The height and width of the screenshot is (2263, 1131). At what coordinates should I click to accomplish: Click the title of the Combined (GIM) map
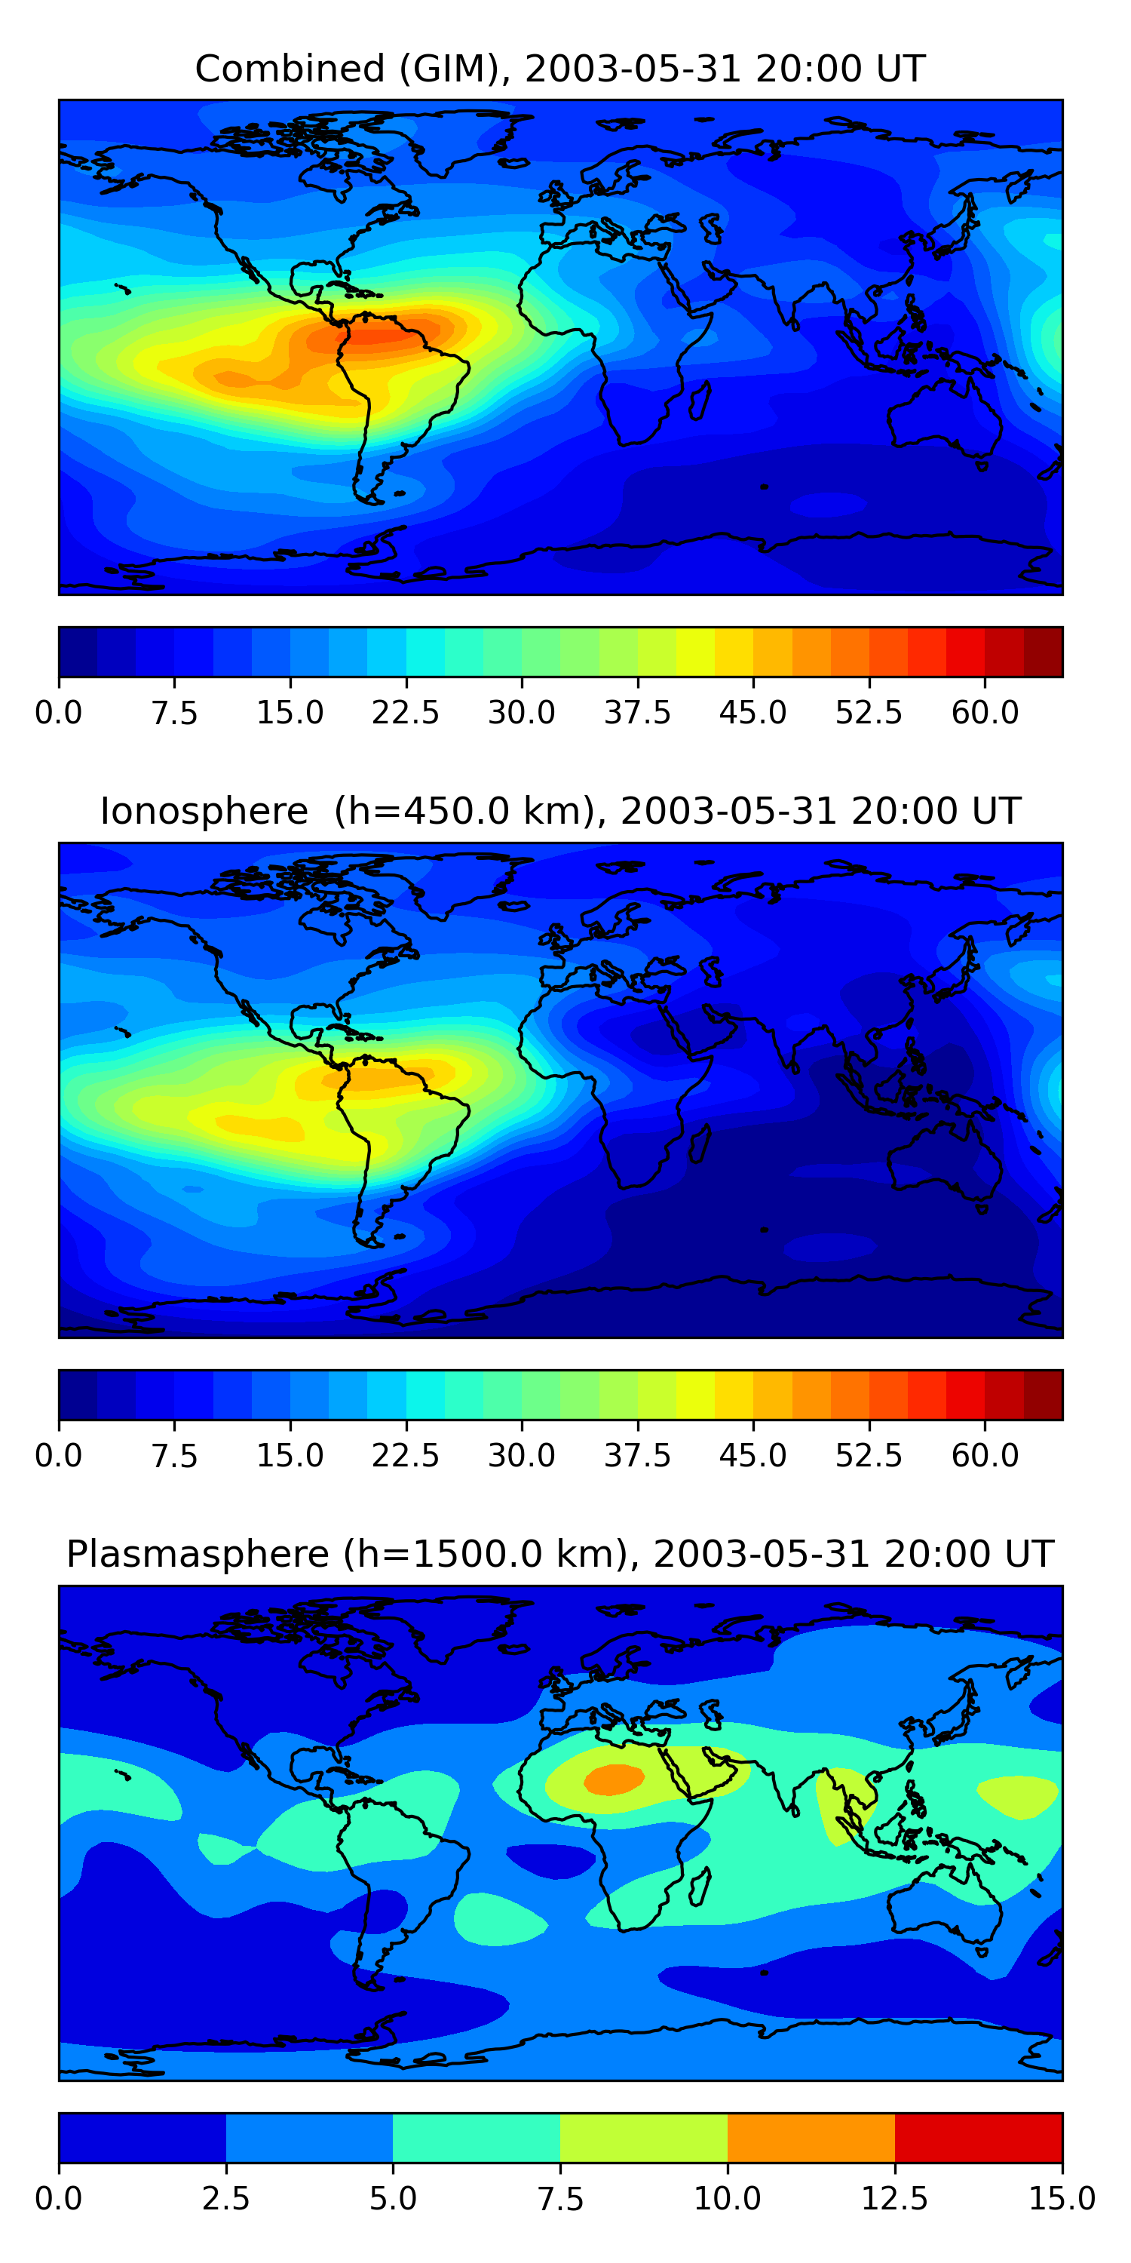tap(560, 69)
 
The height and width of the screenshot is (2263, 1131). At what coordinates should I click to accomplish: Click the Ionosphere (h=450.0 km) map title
tap(560, 811)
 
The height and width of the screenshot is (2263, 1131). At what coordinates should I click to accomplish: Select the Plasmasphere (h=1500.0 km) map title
tap(560, 1554)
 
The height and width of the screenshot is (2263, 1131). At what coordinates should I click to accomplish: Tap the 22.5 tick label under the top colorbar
tap(406, 712)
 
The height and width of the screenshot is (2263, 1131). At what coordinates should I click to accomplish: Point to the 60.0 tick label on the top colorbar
tap(985, 712)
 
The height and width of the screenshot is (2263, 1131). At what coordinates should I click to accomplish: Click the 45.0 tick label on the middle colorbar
tap(752, 1456)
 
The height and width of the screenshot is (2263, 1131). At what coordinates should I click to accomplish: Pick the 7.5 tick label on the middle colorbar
tap(174, 1456)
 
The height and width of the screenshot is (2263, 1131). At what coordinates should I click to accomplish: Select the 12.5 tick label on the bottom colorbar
tap(895, 2198)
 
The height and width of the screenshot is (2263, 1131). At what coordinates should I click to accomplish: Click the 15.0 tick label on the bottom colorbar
tap(1062, 2198)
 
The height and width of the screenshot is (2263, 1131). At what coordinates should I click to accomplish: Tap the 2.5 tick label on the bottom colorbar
tap(225, 2198)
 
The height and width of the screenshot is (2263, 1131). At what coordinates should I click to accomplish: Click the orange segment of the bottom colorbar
tap(811, 2137)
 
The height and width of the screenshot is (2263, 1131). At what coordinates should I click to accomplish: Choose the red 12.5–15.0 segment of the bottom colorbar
tap(978, 2137)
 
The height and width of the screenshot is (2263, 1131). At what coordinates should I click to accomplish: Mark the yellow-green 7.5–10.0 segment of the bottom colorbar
tap(644, 2137)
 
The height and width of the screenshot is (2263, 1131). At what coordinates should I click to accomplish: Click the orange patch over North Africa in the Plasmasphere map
tap(614, 1779)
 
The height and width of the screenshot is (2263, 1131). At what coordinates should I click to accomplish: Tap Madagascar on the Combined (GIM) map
tap(700, 400)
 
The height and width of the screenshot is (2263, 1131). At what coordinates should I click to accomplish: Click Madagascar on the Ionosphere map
tap(700, 1143)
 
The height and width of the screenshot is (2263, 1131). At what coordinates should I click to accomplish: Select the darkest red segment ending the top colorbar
tap(1044, 652)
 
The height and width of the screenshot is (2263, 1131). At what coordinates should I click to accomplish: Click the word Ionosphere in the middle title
tap(204, 811)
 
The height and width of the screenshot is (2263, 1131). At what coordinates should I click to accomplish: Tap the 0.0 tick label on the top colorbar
tap(58, 712)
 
